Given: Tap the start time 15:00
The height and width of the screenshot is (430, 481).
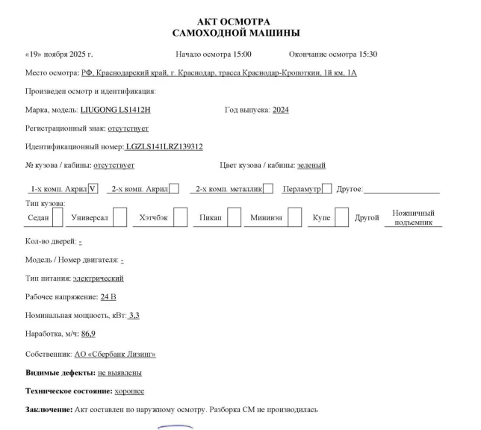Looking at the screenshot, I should click(240, 54).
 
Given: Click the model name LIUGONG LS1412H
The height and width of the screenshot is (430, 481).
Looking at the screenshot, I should click(115, 110).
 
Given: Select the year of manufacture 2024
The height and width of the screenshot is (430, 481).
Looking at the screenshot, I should click(281, 110).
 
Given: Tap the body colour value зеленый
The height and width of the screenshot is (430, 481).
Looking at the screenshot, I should click(311, 165).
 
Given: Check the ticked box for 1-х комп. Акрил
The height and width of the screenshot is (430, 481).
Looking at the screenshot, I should click(93, 189).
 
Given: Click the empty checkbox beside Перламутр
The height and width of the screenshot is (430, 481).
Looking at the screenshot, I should click(326, 189).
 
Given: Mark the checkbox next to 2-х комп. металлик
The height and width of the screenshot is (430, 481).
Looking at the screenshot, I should click(268, 189).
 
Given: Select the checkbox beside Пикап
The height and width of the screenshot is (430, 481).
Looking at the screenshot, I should click(234, 217).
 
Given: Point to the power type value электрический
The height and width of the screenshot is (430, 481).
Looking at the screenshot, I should click(98, 278).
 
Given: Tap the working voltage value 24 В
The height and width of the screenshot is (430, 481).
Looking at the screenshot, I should click(108, 297).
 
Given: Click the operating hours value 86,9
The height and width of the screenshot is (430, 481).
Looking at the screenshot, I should click(88, 334).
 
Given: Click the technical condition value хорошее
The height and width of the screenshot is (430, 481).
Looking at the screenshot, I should click(129, 390).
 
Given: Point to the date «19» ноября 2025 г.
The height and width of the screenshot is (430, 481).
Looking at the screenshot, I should click(59, 54).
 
